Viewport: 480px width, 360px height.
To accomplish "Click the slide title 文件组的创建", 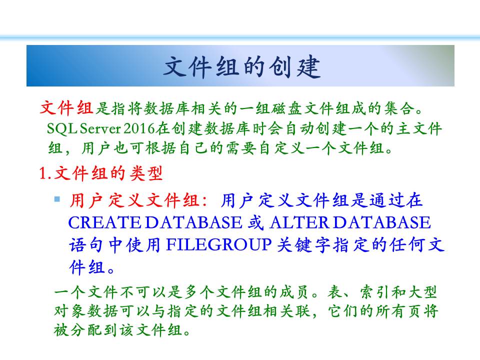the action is point(242,66).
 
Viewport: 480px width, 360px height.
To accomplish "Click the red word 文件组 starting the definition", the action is point(66,108).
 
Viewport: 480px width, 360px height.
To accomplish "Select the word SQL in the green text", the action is point(61,129).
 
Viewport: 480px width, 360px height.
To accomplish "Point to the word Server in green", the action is point(100,129).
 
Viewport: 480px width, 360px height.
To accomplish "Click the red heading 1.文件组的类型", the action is point(100,173).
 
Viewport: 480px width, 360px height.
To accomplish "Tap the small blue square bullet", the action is point(57,199).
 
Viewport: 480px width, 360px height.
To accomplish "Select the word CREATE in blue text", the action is point(104,222).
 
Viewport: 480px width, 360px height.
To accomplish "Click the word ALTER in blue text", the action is point(299,222).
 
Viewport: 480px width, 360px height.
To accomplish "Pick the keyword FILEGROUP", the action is point(218,245).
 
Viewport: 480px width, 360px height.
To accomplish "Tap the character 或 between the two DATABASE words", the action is point(255,222).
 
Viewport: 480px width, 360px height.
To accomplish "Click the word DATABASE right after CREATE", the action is point(193,222).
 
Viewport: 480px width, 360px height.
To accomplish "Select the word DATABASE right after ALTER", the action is point(381,222).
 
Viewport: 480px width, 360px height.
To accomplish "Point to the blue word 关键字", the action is point(303,245).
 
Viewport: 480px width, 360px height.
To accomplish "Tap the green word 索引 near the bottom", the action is point(375,292).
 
